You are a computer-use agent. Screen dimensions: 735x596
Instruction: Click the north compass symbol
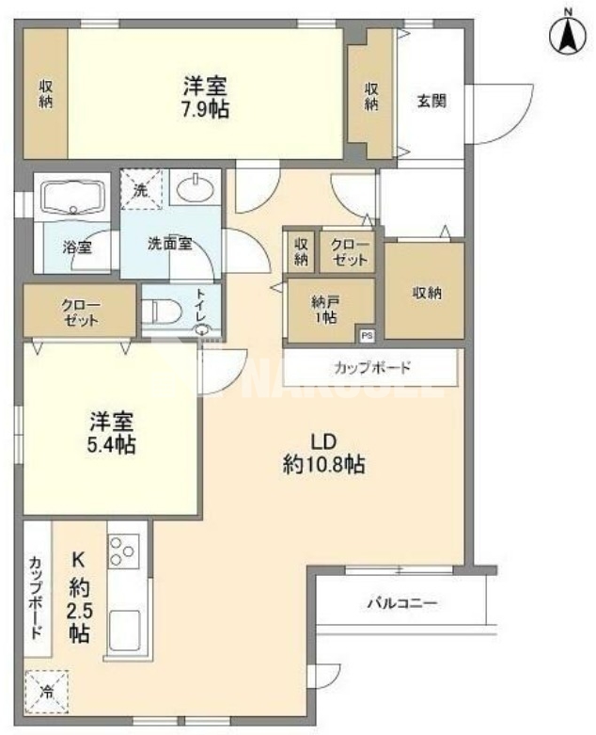click(x=567, y=37)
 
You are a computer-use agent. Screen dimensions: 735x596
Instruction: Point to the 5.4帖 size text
click(x=113, y=443)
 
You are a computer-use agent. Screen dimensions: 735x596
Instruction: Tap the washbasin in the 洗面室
click(x=196, y=189)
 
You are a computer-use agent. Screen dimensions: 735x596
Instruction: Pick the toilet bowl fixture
click(x=164, y=311)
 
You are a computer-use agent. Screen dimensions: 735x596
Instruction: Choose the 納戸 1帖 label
click(x=329, y=310)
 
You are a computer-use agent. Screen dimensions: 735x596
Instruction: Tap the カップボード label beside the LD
click(x=371, y=367)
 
